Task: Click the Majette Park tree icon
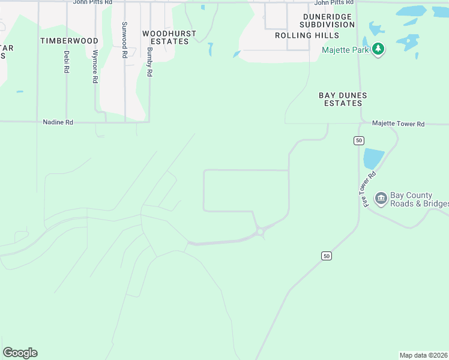click(378, 49)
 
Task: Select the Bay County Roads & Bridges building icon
click(381, 199)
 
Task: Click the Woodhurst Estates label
click(165, 37)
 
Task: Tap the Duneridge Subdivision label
click(328, 20)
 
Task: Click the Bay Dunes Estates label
click(342, 99)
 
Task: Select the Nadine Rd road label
click(58, 122)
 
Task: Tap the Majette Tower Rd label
click(398, 124)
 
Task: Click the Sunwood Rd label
click(124, 40)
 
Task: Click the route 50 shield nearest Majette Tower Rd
click(358, 140)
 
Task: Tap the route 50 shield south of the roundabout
click(326, 256)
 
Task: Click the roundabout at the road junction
click(261, 232)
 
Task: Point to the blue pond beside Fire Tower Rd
click(373, 158)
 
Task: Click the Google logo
click(20, 353)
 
